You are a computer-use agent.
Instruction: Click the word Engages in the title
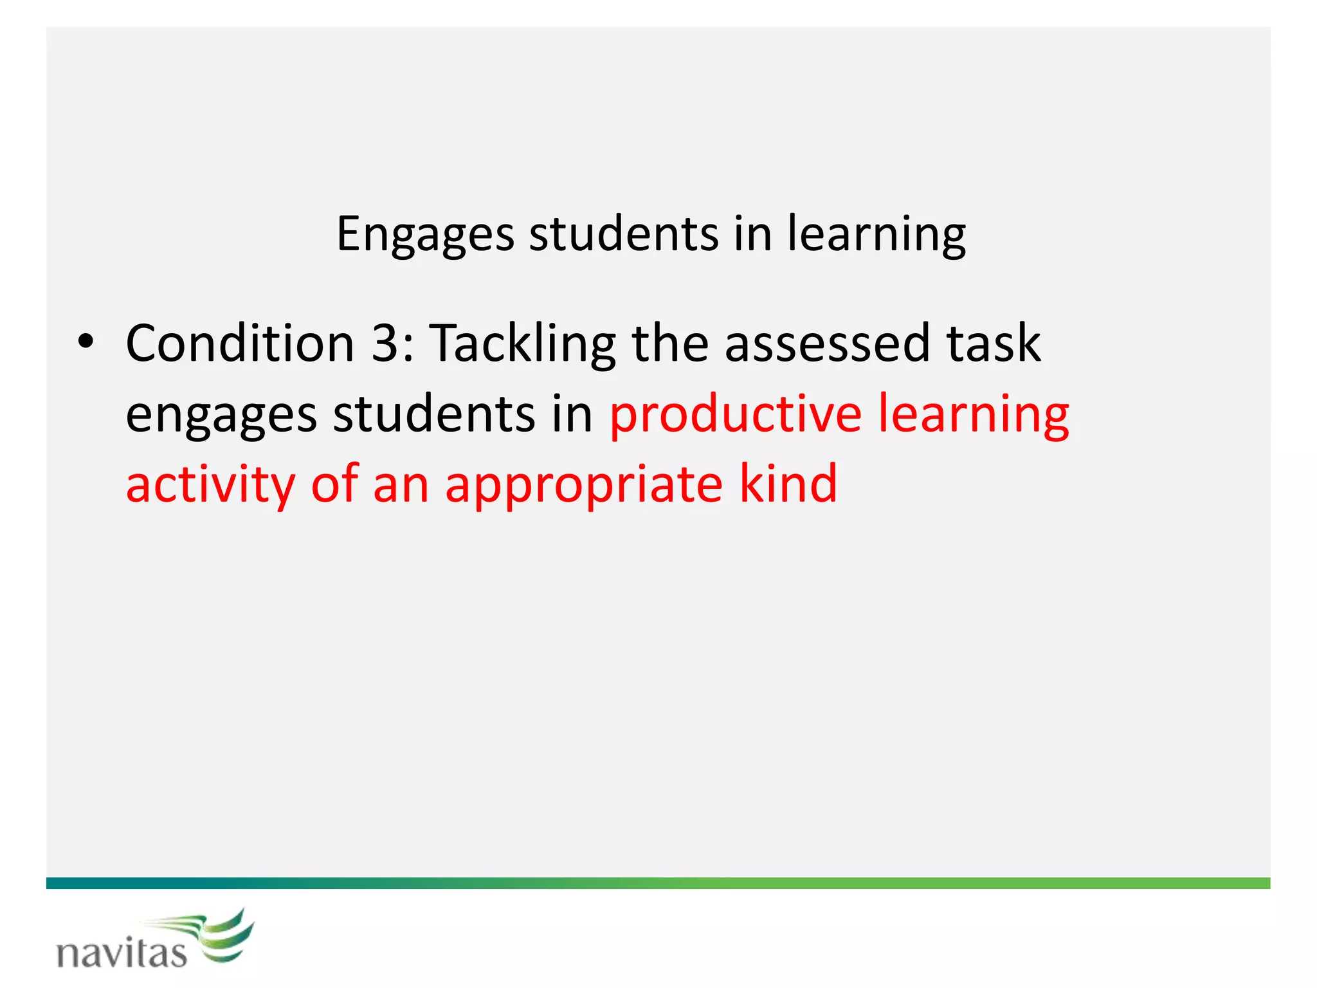pos(425,234)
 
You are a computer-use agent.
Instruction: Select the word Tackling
pos(522,344)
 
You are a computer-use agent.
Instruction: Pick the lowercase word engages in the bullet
pos(221,415)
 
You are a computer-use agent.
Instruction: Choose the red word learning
pos(973,415)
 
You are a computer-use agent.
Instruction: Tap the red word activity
pos(210,484)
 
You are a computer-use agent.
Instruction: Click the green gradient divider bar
pos(658,883)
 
